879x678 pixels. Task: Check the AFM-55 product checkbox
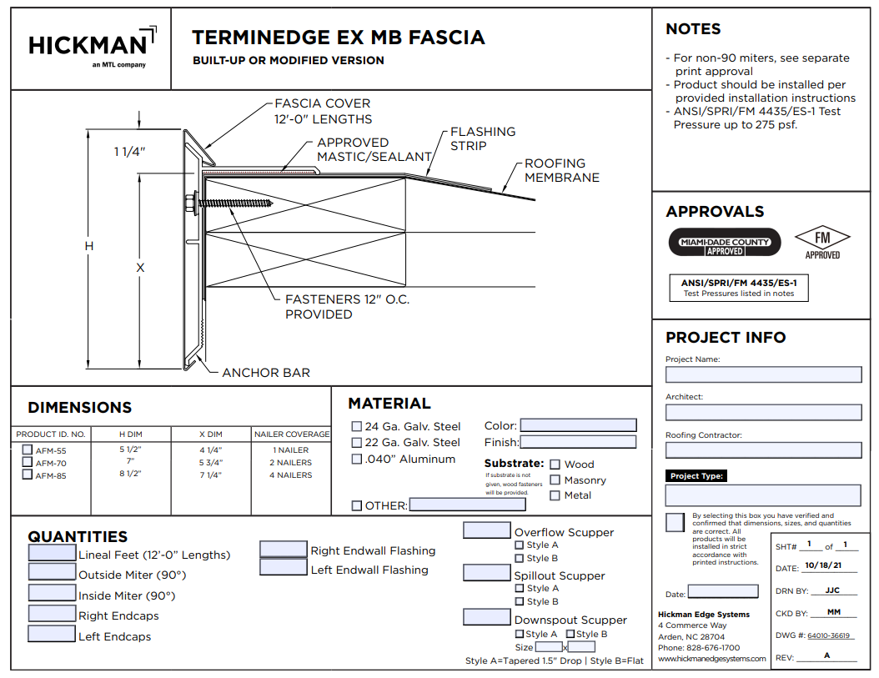pos(28,450)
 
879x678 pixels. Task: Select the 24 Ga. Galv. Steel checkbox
pos(357,427)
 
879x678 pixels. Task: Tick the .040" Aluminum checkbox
pos(357,459)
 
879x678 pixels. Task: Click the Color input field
pos(578,425)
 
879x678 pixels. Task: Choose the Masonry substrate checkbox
pos(555,480)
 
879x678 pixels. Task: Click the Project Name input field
pos(763,374)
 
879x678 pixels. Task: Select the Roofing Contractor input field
pos(763,450)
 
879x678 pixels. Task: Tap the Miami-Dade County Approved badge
pos(725,242)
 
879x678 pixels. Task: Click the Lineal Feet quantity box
pos(52,552)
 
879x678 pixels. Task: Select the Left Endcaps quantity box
pos(52,634)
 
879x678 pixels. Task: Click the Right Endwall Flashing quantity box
pos(284,549)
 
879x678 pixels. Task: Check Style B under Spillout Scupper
pos(520,601)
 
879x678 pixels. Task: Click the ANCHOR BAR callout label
pos(265,373)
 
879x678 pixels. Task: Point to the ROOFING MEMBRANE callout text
pos(561,170)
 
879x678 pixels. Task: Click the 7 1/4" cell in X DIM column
pos(210,475)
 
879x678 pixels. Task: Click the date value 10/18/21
pos(823,566)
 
